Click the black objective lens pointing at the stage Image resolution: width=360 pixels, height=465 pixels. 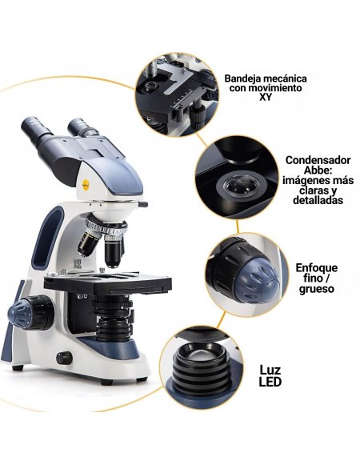(x=113, y=252)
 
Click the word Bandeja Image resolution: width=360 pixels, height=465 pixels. (x=243, y=78)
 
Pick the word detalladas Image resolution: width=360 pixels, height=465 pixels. (x=317, y=201)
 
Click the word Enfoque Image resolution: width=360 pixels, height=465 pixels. (x=317, y=267)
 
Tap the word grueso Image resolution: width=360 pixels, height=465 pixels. (x=317, y=289)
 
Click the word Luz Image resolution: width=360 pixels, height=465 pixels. (x=270, y=370)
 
